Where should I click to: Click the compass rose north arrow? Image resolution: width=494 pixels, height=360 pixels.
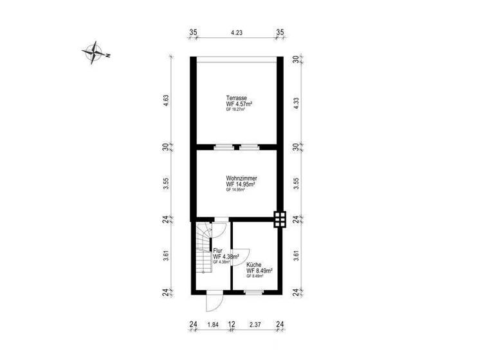point(95,53)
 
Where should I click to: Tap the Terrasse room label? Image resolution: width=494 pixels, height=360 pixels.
point(235,98)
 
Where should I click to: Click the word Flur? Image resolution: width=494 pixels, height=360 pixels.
point(218,251)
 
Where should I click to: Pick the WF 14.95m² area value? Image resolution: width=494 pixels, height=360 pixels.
point(241,184)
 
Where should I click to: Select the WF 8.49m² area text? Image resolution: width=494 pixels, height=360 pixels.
point(260,271)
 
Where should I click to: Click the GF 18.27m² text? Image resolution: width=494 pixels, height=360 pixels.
point(235,110)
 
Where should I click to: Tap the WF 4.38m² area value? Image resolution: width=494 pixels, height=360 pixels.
point(226,256)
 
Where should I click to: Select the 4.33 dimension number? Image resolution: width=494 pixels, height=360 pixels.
point(296,102)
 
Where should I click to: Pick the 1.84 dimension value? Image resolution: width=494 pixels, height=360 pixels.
point(212,325)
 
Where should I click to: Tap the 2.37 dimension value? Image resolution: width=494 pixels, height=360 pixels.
point(255,325)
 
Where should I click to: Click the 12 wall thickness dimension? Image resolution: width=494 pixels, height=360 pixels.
point(231,325)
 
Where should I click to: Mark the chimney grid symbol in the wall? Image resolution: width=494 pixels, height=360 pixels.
point(280,220)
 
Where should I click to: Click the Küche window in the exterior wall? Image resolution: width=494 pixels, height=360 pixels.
point(255,292)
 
